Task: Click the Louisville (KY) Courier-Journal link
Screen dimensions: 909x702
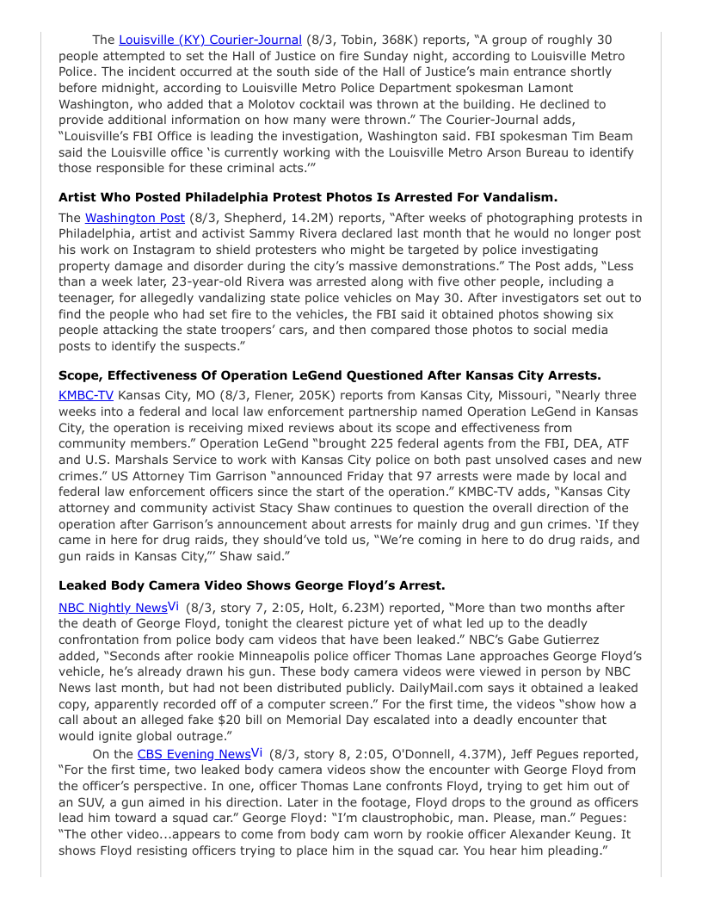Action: [210, 40]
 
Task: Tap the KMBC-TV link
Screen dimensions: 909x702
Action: [86, 395]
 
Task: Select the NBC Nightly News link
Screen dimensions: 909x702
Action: [113, 608]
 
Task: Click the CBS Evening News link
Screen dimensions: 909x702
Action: [194, 755]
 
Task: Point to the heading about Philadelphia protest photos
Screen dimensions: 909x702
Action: [308, 197]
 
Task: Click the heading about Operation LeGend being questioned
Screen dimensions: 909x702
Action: [329, 375]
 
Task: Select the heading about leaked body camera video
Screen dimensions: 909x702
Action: [252, 586]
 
